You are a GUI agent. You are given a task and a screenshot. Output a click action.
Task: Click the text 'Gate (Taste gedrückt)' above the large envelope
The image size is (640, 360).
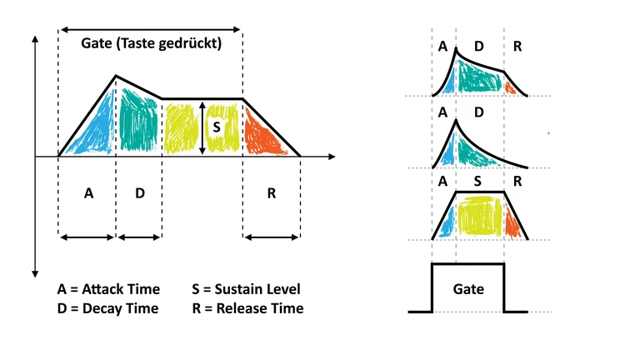(152, 44)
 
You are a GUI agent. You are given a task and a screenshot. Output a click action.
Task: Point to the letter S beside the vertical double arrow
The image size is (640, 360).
(217, 127)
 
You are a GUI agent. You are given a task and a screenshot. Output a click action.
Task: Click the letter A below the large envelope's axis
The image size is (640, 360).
(88, 193)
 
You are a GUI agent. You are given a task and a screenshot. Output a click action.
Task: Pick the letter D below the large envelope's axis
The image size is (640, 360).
(139, 193)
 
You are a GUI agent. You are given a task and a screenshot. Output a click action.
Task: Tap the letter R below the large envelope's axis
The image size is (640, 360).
(272, 193)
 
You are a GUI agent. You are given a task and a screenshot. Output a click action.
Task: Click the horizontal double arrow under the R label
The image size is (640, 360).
(271, 237)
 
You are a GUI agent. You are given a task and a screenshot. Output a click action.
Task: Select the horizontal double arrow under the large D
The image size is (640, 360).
(139, 237)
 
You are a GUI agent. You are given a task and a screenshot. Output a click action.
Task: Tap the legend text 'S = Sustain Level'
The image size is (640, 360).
(245, 290)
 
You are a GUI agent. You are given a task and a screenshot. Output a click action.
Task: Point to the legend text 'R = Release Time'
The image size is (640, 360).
(247, 308)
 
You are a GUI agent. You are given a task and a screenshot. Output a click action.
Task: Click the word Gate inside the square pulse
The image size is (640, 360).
(467, 290)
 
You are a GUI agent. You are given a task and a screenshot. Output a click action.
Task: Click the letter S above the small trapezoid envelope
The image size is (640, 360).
(477, 181)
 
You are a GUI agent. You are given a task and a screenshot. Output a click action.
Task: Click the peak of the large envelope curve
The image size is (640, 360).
(115, 76)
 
